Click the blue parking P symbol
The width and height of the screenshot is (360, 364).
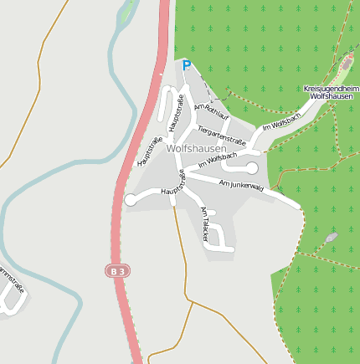tap(186, 64)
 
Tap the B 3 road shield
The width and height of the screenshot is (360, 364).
tap(118, 270)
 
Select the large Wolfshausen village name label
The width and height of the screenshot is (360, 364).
tap(196, 148)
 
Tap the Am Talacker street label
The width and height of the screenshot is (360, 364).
tap(203, 223)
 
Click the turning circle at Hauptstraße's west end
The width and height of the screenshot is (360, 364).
tap(130, 200)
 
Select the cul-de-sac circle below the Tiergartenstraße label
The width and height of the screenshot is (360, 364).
tap(251, 168)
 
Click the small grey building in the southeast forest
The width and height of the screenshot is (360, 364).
tap(332, 238)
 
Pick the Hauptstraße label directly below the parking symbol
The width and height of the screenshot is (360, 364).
tap(176, 112)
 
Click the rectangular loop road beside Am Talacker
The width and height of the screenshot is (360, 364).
tap(219, 236)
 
